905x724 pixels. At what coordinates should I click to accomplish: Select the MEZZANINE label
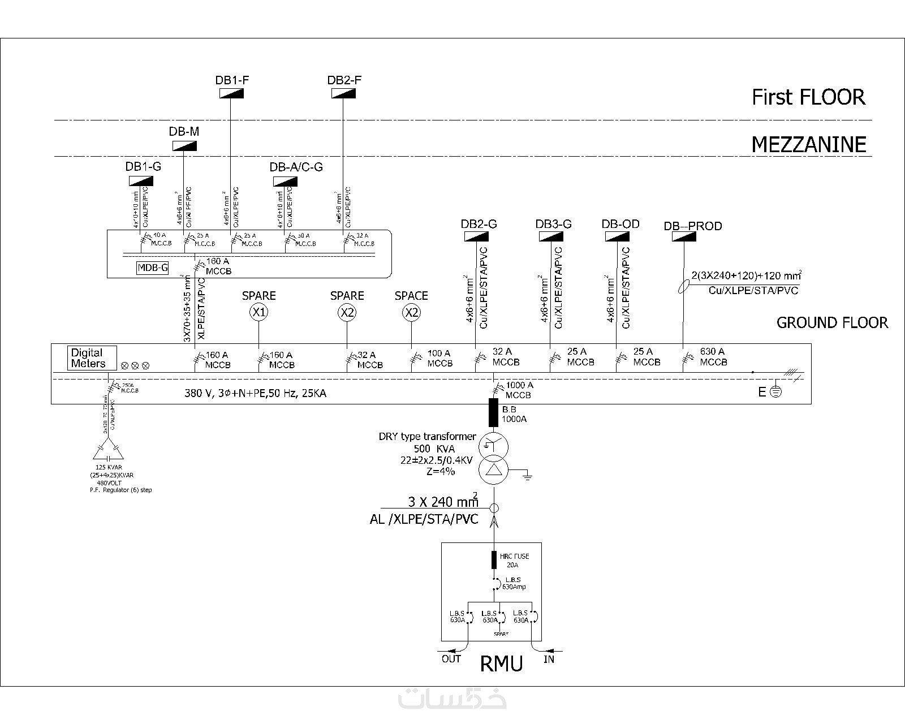click(808, 145)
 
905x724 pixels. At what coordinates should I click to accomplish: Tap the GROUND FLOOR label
click(831, 323)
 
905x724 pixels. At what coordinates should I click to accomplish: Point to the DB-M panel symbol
click(184, 146)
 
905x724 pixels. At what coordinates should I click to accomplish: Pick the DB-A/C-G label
click(296, 167)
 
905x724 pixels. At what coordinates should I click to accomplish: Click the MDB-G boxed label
click(153, 268)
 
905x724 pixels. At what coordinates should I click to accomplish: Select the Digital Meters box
click(92, 358)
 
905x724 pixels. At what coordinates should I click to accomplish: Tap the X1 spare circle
click(259, 312)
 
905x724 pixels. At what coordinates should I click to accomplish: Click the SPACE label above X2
click(411, 296)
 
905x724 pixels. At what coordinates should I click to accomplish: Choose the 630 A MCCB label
click(713, 357)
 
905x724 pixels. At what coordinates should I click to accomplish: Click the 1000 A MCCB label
click(519, 390)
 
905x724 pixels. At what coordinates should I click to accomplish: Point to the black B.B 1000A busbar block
click(493, 412)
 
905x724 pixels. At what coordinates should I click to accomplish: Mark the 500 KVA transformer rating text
click(426, 449)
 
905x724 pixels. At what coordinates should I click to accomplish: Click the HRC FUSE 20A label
click(514, 560)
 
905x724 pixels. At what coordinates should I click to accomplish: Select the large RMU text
click(501, 663)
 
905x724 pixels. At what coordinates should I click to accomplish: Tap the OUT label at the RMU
click(451, 658)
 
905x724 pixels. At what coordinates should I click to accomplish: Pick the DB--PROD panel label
click(692, 226)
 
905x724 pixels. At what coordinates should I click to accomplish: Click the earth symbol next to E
click(776, 392)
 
